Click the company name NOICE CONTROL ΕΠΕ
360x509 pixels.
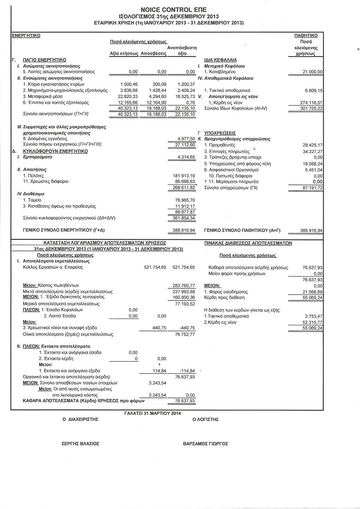tap(174, 10)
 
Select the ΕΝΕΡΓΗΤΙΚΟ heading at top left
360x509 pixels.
tap(26, 36)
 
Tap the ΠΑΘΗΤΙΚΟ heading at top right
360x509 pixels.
tap(306, 36)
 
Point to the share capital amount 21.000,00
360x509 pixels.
tap(312, 72)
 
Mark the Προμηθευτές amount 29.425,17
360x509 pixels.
tap(312, 145)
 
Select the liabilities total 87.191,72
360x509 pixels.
tap(312, 188)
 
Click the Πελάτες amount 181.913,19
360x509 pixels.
tap(184, 176)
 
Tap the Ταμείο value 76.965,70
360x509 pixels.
tap(185, 200)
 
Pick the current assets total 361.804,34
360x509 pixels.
tap(184, 218)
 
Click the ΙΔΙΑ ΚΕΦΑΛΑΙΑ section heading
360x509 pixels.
tap(220, 60)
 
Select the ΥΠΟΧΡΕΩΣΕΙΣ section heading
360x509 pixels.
tap(220, 133)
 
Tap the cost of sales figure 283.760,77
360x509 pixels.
tap(184, 286)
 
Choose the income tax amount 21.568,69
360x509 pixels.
tap(312, 292)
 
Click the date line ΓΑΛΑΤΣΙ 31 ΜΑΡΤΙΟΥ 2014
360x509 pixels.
tap(153, 413)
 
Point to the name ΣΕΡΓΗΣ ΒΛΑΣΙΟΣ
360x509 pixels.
tap(80, 443)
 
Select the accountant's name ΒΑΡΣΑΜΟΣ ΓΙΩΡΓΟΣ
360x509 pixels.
tap(206, 443)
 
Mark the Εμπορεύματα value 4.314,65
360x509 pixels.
tap(186, 157)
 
